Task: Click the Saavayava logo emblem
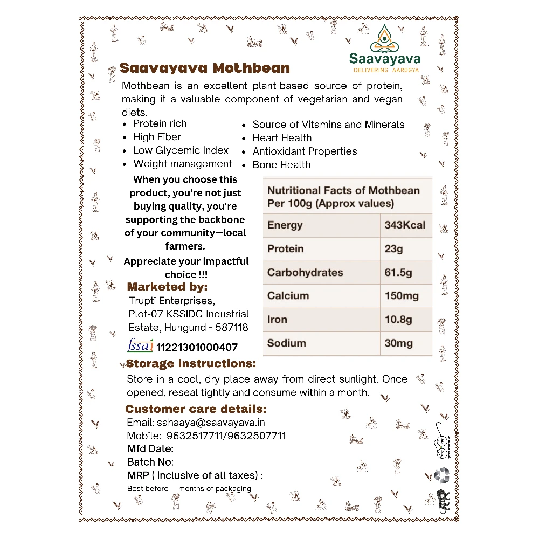[384, 37]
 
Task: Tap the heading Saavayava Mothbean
[205, 68]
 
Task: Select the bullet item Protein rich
[160, 123]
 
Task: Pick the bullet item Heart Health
[282, 138]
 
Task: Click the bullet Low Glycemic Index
[181, 150]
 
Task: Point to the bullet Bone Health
[281, 165]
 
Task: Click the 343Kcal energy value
[405, 225]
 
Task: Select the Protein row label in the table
[285, 249]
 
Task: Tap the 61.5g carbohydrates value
[398, 273]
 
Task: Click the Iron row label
[277, 320]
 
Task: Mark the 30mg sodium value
[398, 343]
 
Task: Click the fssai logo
[140, 345]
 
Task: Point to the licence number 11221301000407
[197, 348]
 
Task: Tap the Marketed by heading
[167, 287]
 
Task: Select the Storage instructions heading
[191, 364]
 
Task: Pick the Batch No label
[150, 462]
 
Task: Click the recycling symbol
[442, 474]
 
